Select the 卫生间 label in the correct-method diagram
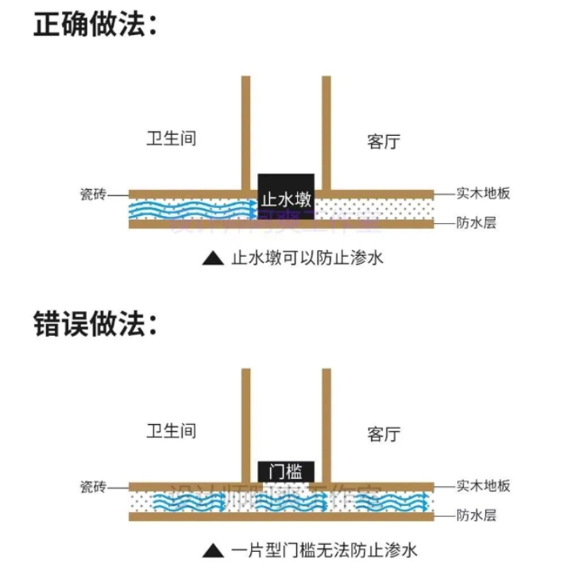tap(171, 138)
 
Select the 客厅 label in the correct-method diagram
tap(384, 142)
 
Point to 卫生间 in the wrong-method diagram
tap(171, 431)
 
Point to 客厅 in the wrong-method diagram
tap(384, 434)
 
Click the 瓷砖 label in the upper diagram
tap(93, 194)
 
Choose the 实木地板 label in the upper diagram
tap(483, 193)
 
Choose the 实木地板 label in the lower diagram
tap(483, 486)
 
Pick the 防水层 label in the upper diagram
tap(476, 223)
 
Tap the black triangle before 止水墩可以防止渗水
tap(212, 258)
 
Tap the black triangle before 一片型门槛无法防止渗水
tap(212, 550)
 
